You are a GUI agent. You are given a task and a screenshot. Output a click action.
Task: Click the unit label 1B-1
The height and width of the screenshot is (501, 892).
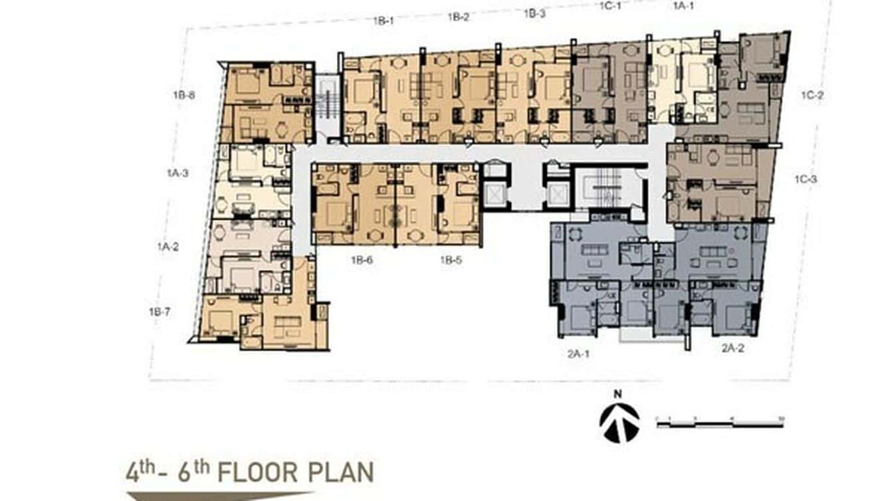pos(384,21)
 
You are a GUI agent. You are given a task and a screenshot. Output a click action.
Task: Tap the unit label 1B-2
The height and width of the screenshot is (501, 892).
pos(459,17)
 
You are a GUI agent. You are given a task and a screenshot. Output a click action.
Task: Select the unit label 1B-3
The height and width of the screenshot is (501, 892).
pos(534,13)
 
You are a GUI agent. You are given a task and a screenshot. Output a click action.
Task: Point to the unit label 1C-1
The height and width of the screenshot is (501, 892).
pos(610,9)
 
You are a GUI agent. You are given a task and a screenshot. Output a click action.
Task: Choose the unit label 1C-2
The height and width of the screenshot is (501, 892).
pos(812,95)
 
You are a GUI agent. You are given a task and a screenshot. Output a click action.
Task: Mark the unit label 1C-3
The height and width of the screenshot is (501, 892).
pos(806,178)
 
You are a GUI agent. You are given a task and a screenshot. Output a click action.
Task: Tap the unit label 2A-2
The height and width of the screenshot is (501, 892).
pos(734,348)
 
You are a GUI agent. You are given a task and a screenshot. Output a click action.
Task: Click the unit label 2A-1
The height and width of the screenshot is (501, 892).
pos(578,354)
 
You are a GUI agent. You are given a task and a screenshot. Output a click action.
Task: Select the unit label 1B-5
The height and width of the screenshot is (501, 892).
pos(451,260)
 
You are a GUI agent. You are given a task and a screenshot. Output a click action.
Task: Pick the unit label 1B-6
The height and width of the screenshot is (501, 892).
pos(362,260)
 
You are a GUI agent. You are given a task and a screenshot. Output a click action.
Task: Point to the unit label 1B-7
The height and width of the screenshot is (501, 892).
pos(160,310)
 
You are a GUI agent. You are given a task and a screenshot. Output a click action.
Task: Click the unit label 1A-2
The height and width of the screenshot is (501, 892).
pos(168,247)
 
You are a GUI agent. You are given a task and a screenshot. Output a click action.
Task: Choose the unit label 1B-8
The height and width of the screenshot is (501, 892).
pos(183,95)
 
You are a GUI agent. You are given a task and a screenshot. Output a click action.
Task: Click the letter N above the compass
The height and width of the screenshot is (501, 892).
pos(617,394)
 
